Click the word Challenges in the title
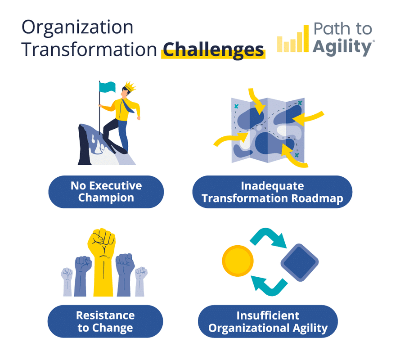click(x=213, y=50)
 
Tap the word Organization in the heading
click(x=77, y=27)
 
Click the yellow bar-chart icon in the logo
click(x=293, y=39)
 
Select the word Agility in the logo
click(x=342, y=47)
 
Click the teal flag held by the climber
click(x=108, y=87)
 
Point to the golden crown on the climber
click(x=130, y=86)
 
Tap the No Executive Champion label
click(x=106, y=192)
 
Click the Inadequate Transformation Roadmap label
click(x=273, y=192)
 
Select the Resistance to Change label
click(x=105, y=321)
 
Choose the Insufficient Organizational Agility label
click(x=268, y=321)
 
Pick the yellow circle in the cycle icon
click(x=238, y=261)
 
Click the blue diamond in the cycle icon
click(x=300, y=262)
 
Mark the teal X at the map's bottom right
click(x=297, y=155)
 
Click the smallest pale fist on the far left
click(x=67, y=282)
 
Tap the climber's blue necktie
click(x=127, y=106)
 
